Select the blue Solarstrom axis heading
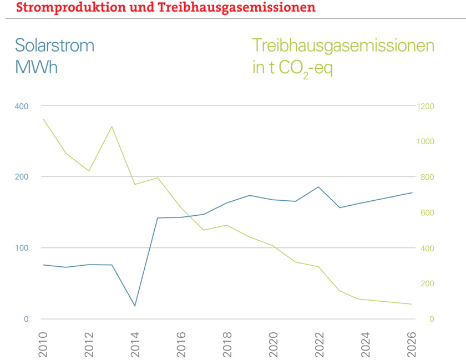point(55,45)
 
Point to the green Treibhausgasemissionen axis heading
point(343,45)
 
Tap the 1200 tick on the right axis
point(426,106)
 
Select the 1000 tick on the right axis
point(426,141)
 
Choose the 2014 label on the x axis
point(135,339)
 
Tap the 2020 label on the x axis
point(272,339)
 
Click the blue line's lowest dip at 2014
point(135,306)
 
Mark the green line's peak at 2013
point(112,126)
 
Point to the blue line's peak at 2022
point(318,186)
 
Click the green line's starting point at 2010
point(43,119)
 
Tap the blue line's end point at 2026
point(411,192)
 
